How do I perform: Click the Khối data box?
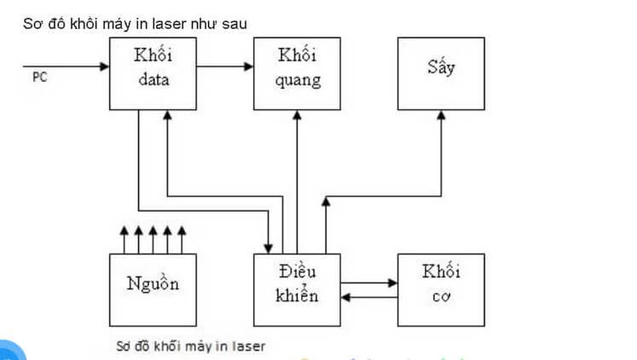152,73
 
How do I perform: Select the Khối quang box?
297,73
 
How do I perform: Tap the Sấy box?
441,73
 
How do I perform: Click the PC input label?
39,78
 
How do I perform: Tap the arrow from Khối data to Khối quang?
223,65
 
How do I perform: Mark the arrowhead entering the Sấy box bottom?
442,117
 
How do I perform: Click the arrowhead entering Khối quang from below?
297,117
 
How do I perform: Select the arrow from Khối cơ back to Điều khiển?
368,298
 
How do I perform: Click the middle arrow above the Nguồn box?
152,238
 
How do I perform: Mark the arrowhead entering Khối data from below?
166,117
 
